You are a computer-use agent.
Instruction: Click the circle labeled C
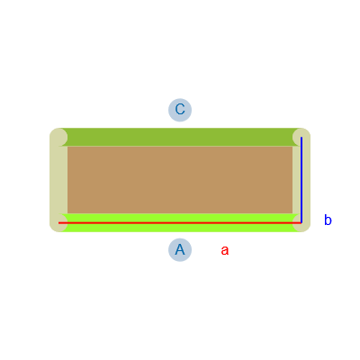[180, 110]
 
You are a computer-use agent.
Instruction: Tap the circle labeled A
[180, 250]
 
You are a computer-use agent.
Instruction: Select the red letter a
[225, 250]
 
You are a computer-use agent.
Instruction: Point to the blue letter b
[328, 220]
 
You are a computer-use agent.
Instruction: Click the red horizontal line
[180, 223]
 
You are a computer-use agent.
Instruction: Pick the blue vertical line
[301, 180]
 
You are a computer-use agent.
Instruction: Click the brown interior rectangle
[180, 180]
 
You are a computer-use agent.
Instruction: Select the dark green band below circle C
[180, 137]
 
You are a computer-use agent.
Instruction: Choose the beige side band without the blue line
[58, 180]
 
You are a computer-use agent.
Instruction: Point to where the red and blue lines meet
[301, 223]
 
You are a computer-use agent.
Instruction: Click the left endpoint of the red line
[58, 223]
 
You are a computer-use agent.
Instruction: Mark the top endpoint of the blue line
[301, 137]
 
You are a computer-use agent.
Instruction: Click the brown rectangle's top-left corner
[67, 146]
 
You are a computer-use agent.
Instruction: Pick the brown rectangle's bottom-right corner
[292, 214]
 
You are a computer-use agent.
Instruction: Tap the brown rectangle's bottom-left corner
[67, 214]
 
